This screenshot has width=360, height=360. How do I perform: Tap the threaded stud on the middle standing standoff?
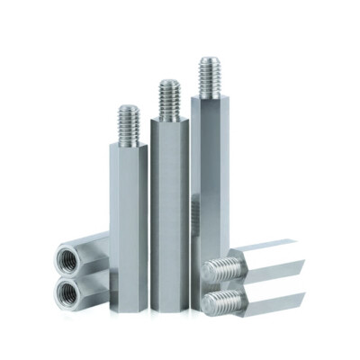point(168,98)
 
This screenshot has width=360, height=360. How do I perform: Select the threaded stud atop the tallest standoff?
point(210,76)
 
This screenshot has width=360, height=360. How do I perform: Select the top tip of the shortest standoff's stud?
point(127,107)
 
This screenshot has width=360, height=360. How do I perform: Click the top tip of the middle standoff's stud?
point(168,82)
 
